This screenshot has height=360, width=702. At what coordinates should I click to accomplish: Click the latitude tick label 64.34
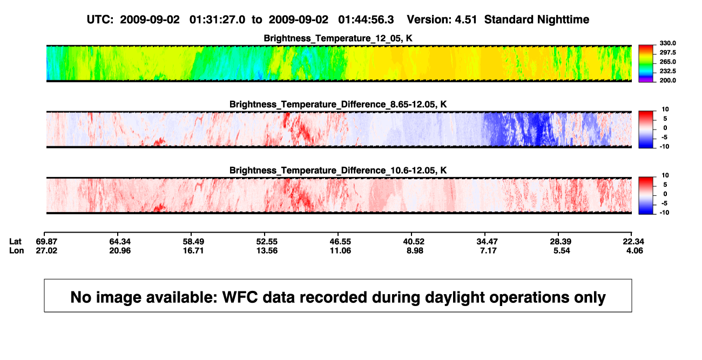click(x=120, y=242)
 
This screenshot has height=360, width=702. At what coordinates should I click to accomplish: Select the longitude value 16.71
click(x=193, y=250)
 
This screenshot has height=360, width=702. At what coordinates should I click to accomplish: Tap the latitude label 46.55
click(x=340, y=242)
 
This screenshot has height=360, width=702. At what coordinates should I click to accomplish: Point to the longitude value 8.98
click(x=415, y=250)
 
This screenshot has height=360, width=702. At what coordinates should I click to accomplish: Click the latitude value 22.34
click(x=633, y=242)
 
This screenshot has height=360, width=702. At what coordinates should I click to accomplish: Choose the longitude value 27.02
click(x=46, y=250)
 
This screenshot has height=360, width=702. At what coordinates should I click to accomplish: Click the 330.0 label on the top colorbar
click(x=667, y=43)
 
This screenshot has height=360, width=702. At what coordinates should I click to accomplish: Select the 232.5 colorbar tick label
click(x=667, y=71)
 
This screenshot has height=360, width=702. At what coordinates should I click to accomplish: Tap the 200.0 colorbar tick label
click(x=667, y=80)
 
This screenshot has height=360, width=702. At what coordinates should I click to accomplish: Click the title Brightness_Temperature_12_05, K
click(x=338, y=38)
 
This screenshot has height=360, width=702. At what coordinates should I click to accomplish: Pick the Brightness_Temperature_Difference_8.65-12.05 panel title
click(x=338, y=104)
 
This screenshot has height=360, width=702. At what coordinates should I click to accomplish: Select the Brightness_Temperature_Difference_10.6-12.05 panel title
click(x=338, y=171)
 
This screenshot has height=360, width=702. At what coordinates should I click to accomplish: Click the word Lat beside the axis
click(x=15, y=242)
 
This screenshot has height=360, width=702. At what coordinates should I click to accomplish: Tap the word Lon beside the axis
click(x=17, y=250)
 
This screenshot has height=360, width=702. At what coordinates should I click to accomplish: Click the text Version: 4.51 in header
click(x=442, y=19)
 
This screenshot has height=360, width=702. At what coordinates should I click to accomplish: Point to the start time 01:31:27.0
click(x=217, y=19)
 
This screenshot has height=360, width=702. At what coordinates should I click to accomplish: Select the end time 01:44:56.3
click(x=366, y=19)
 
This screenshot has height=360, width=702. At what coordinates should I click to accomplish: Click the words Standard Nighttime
click(x=537, y=19)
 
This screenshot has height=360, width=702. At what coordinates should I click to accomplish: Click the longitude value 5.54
click(x=562, y=250)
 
